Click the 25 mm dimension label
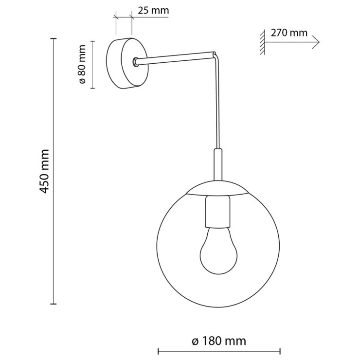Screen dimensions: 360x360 [153, 11]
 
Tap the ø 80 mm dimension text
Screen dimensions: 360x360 [82, 64]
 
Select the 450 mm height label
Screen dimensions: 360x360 [44, 171]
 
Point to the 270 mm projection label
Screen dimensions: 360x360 [289, 33]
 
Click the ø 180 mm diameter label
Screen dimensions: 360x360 [219, 341]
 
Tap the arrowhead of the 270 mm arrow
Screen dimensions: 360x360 [316, 42]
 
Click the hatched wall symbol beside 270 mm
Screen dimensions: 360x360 [262, 42]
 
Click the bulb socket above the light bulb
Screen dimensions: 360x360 [218, 212]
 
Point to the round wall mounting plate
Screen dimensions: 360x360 [127, 63]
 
